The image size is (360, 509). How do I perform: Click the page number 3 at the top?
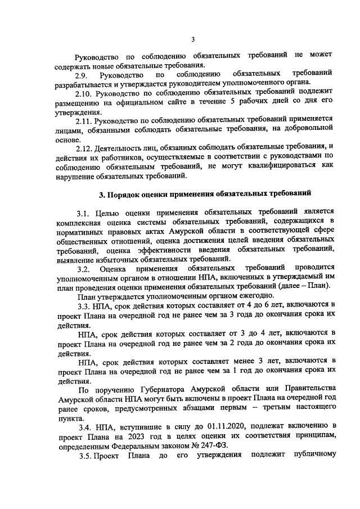pyautogui.click(x=192, y=39)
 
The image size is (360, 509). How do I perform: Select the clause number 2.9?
pyautogui.click(x=81, y=75)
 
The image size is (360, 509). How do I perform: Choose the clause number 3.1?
pyautogui.click(x=83, y=214)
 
